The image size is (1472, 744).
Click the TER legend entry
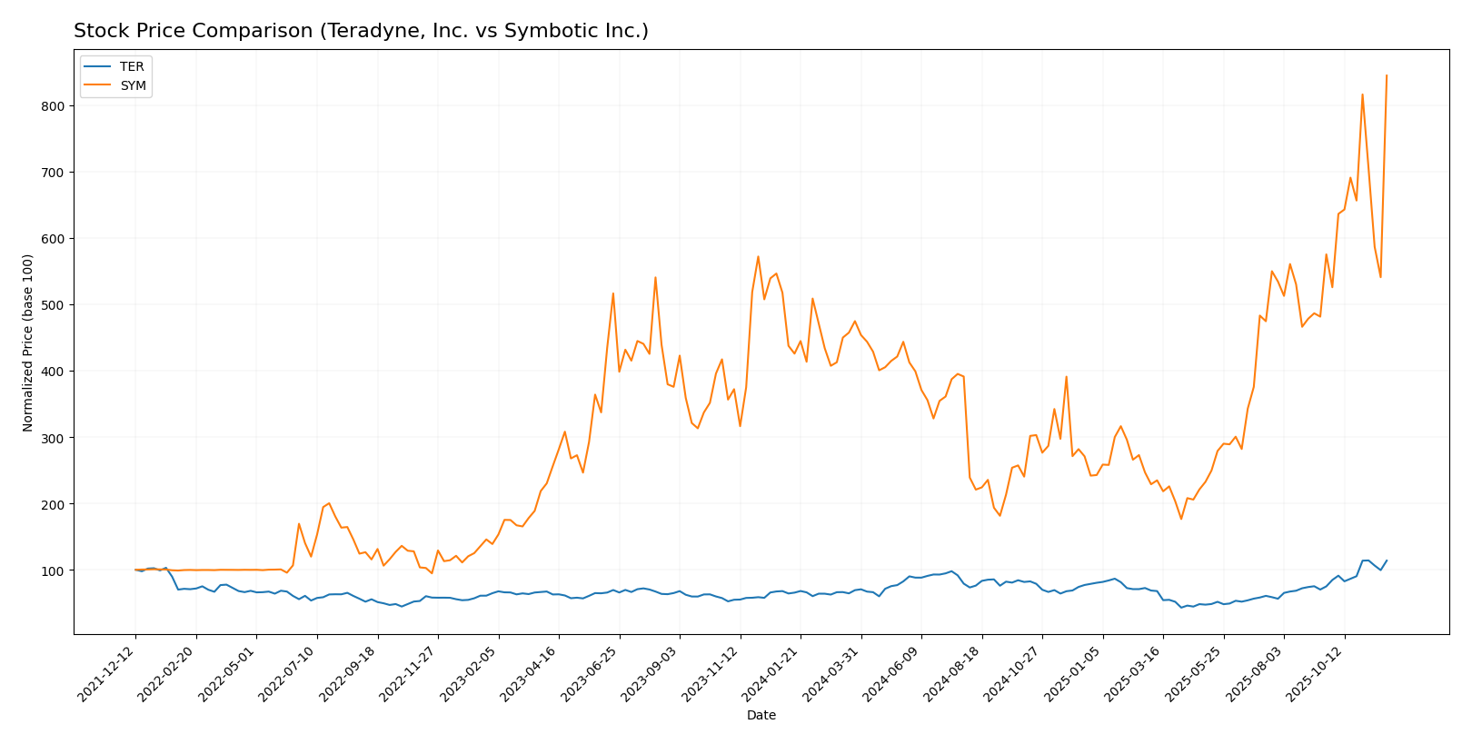click(x=131, y=67)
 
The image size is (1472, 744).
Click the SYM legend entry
click(x=133, y=86)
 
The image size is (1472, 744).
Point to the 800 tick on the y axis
click(x=52, y=106)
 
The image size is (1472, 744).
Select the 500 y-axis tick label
click(x=52, y=305)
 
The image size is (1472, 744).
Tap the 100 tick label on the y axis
click(x=52, y=570)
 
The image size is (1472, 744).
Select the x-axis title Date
click(x=761, y=716)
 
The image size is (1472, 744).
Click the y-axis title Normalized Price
click(x=28, y=342)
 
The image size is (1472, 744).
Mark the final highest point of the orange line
click(x=1387, y=75)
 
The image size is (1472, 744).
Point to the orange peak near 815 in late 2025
click(x=1362, y=94)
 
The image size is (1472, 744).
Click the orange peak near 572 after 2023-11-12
click(x=758, y=256)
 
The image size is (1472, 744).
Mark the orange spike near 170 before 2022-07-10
click(x=299, y=523)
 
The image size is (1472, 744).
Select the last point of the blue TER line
click(x=1387, y=560)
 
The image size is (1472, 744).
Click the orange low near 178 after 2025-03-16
click(x=1181, y=519)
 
